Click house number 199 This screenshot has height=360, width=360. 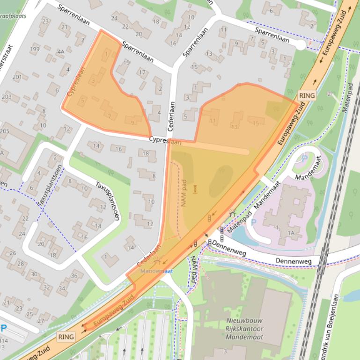click(x=35, y=49)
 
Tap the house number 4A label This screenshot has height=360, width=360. click(x=60, y=52)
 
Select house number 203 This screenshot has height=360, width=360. click(x=7, y=97)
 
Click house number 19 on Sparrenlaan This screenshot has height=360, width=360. click(x=126, y=63)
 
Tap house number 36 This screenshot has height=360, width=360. click(x=74, y=276)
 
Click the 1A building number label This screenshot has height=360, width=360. click(x=291, y=232)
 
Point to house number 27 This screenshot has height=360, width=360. click(x=41, y=321)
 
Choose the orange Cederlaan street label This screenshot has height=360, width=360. click(x=149, y=256)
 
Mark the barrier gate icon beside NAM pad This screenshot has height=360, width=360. click(x=195, y=188)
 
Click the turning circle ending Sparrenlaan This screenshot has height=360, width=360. click(x=301, y=44)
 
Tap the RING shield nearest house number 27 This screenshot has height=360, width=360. click(x=66, y=336)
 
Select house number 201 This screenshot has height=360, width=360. click(x=17, y=77)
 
